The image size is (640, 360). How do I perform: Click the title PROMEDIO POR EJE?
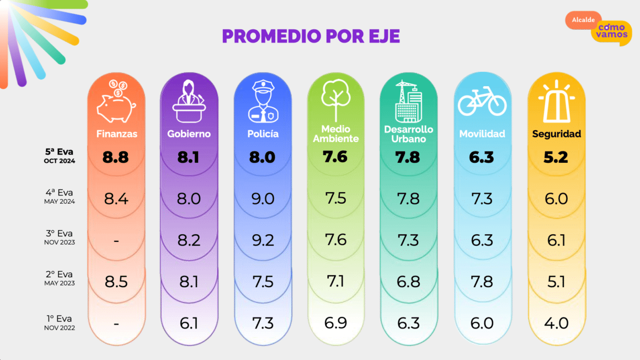point(311,36)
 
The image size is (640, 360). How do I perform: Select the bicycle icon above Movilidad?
point(482,102)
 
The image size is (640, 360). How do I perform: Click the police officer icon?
point(263,102)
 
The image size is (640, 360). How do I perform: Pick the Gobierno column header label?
point(189,134)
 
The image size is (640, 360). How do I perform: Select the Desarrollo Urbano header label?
point(409,134)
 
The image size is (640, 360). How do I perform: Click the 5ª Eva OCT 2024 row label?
point(60,155)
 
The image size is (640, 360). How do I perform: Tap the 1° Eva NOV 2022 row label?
point(60,322)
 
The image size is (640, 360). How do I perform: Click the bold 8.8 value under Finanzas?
point(116,157)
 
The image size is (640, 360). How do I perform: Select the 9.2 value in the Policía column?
point(263,240)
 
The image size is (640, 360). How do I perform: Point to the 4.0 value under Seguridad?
point(556,323)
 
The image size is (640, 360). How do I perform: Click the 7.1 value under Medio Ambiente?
point(335,282)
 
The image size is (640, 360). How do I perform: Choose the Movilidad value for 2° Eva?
point(482,282)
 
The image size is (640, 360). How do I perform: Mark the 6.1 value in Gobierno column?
point(189,323)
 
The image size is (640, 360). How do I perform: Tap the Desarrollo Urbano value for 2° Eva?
point(409,282)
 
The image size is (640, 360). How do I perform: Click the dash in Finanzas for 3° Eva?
point(116,241)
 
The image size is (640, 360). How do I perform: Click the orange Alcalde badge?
point(583,20)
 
